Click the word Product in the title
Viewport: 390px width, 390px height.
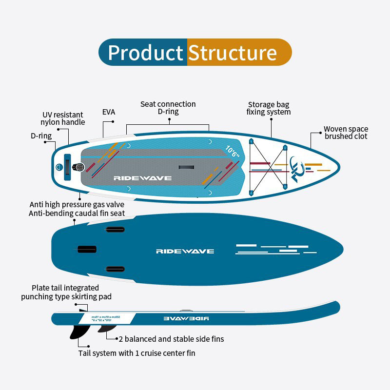pos(145,53)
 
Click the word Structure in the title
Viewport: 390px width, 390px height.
pos(232,53)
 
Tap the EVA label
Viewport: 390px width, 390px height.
pos(109,112)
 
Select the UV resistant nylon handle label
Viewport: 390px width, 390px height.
pos(63,118)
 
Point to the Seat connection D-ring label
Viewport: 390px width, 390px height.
pos(168,108)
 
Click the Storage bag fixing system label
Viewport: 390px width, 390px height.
pos(269,108)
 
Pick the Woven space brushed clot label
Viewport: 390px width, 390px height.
pos(346,133)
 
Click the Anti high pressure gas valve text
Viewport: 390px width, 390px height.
pos(77,204)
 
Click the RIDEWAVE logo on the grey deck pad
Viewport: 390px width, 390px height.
pos(142,178)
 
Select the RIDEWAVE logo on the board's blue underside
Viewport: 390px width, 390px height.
pos(185,251)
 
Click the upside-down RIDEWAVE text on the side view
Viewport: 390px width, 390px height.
pos(186,318)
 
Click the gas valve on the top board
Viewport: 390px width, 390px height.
pos(78,168)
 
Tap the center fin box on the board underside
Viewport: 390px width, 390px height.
pos(88,249)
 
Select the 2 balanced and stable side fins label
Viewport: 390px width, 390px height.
pos(172,339)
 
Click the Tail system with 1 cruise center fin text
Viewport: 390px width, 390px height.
pos(137,353)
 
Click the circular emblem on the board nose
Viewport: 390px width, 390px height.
pos(296,168)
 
